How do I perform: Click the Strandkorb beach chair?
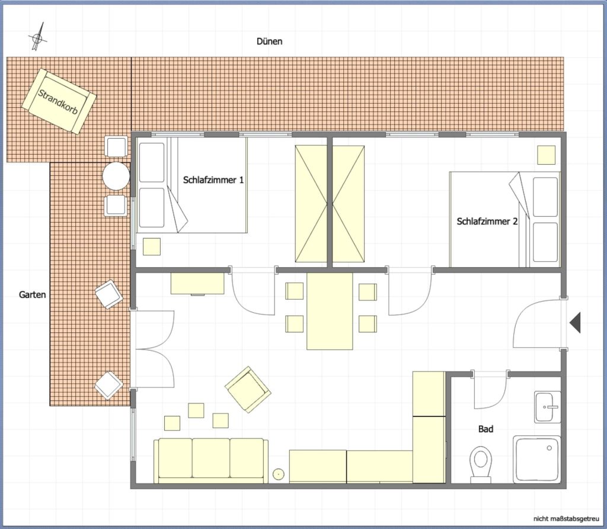coord(59,101)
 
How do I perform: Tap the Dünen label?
coord(270,41)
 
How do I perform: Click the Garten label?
coord(33,295)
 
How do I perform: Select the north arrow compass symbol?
coord(37,37)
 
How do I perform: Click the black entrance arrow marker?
coord(575,322)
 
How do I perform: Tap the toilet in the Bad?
coord(480,464)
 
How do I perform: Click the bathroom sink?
coord(547,407)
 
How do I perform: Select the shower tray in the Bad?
coord(537,459)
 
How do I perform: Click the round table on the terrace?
coord(116,176)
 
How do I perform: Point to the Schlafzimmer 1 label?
coord(213,180)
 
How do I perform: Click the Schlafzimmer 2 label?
coord(487,222)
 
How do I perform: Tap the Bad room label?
coord(486,429)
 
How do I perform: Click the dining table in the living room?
coord(330,311)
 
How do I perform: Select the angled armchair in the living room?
coord(248,389)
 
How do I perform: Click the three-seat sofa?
coord(211,461)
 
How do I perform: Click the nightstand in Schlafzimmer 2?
coord(546,155)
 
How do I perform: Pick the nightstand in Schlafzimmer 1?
coord(152,246)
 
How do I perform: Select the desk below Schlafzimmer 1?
coord(197,284)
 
